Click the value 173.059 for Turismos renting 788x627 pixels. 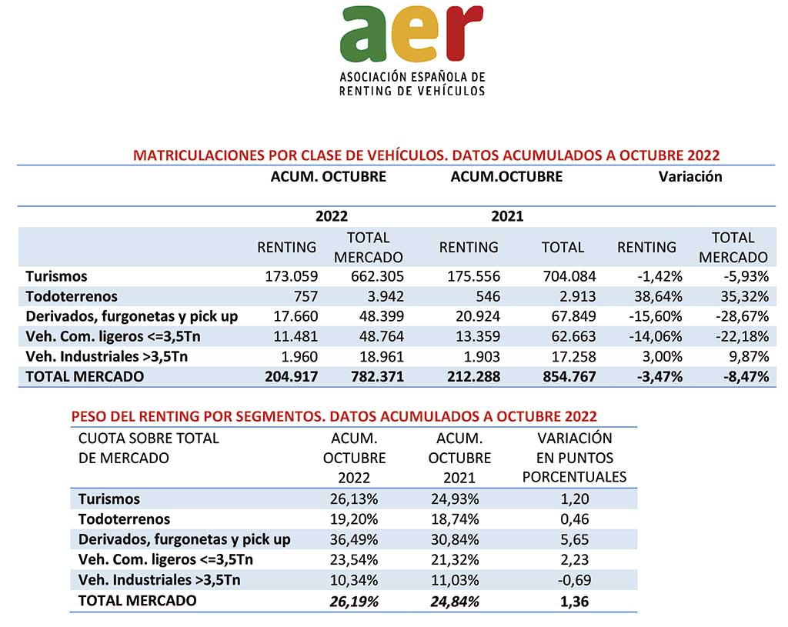292,276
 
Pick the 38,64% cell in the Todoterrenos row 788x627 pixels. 658,296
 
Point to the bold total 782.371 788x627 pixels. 377,377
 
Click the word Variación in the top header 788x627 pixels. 690,177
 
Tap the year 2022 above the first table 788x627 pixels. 332,216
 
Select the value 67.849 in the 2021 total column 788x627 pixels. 570,316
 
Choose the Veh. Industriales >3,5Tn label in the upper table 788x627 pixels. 106,357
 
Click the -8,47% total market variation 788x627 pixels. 746,377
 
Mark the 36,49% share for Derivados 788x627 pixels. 354,539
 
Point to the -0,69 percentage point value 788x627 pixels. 574,580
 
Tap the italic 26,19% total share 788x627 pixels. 354,602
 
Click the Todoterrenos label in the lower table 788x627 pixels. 124,519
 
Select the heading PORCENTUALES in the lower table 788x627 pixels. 574,477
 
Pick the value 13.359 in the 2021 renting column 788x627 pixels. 477,337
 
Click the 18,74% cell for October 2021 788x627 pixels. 455,519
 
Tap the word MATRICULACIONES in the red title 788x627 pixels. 199,155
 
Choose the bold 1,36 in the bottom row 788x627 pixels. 574,602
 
